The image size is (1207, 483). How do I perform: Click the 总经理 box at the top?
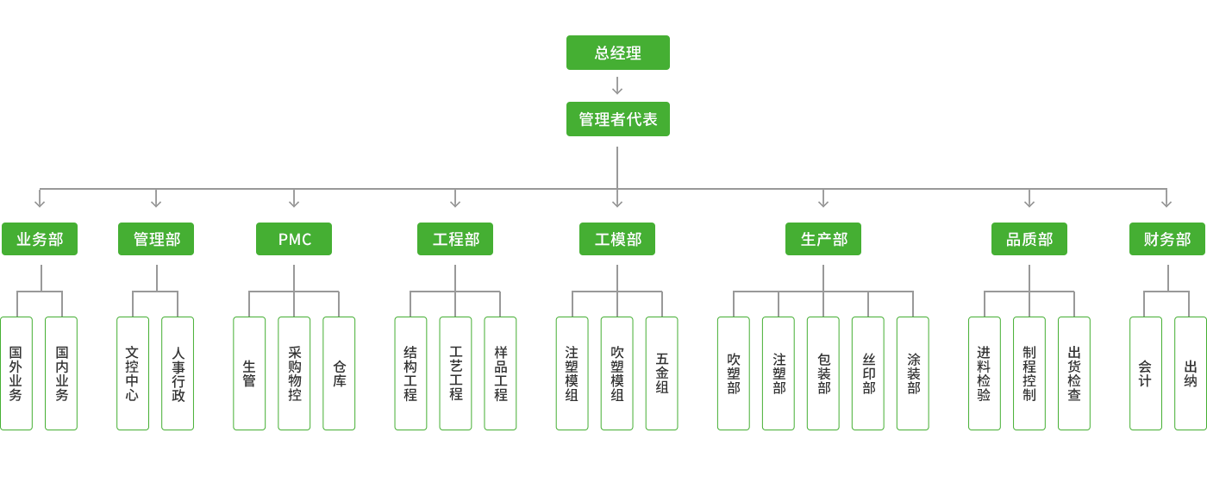click(617, 53)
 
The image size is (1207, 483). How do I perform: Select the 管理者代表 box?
click(617, 119)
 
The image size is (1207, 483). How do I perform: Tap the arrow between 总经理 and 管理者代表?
click(617, 85)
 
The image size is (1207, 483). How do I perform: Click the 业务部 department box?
click(40, 239)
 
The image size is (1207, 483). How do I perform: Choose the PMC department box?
click(294, 239)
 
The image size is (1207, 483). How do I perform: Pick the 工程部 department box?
click(455, 239)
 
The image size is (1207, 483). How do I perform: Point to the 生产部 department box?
click(823, 239)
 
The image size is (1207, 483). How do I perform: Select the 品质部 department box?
click(1029, 239)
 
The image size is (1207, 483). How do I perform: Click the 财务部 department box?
click(1167, 239)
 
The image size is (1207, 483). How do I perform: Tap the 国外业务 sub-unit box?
click(16, 373)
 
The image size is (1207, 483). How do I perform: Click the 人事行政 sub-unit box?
click(178, 373)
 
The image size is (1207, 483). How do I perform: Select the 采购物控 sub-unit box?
click(294, 373)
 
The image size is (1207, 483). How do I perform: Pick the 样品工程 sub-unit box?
click(500, 373)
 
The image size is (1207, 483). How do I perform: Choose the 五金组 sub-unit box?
click(661, 373)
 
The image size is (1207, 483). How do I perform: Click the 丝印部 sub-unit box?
click(868, 373)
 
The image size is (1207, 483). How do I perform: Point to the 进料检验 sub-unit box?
click(985, 373)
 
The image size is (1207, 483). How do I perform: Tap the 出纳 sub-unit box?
click(1191, 373)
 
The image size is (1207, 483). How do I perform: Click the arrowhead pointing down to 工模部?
click(617, 203)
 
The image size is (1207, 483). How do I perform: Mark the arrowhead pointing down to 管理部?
click(156, 203)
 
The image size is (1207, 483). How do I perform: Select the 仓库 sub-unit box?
click(339, 373)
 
